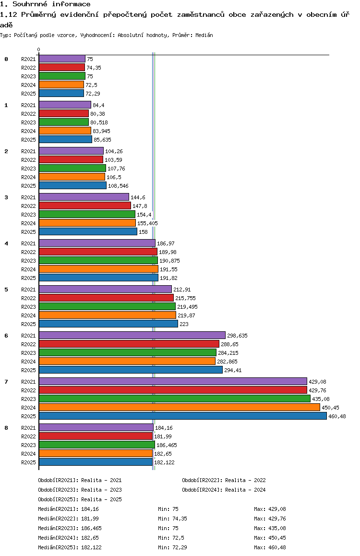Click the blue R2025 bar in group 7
click(x=182, y=416)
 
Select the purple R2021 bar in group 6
click(x=132, y=335)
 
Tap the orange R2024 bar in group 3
click(x=87, y=223)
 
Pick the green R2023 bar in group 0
click(x=62, y=76)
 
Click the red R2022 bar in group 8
click(x=96, y=436)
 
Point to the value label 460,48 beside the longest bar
click(x=337, y=416)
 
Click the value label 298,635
click(x=238, y=336)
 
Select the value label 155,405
click(x=147, y=223)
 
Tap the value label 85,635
click(x=103, y=140)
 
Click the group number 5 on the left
click(x=6, y=290)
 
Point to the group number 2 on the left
click(x=6, y=151)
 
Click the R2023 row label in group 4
click(x=28, y=261)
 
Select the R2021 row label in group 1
click(x=28, y=105)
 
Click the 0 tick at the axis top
click(x=39, y=49)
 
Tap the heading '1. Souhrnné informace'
click(x=45, y=4)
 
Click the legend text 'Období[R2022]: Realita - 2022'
click(x=224, y=480)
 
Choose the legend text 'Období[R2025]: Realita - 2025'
click(x=80, y=499)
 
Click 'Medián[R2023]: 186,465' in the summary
click(x=70, y=528)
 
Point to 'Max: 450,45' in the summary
click(x=270, y=538)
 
